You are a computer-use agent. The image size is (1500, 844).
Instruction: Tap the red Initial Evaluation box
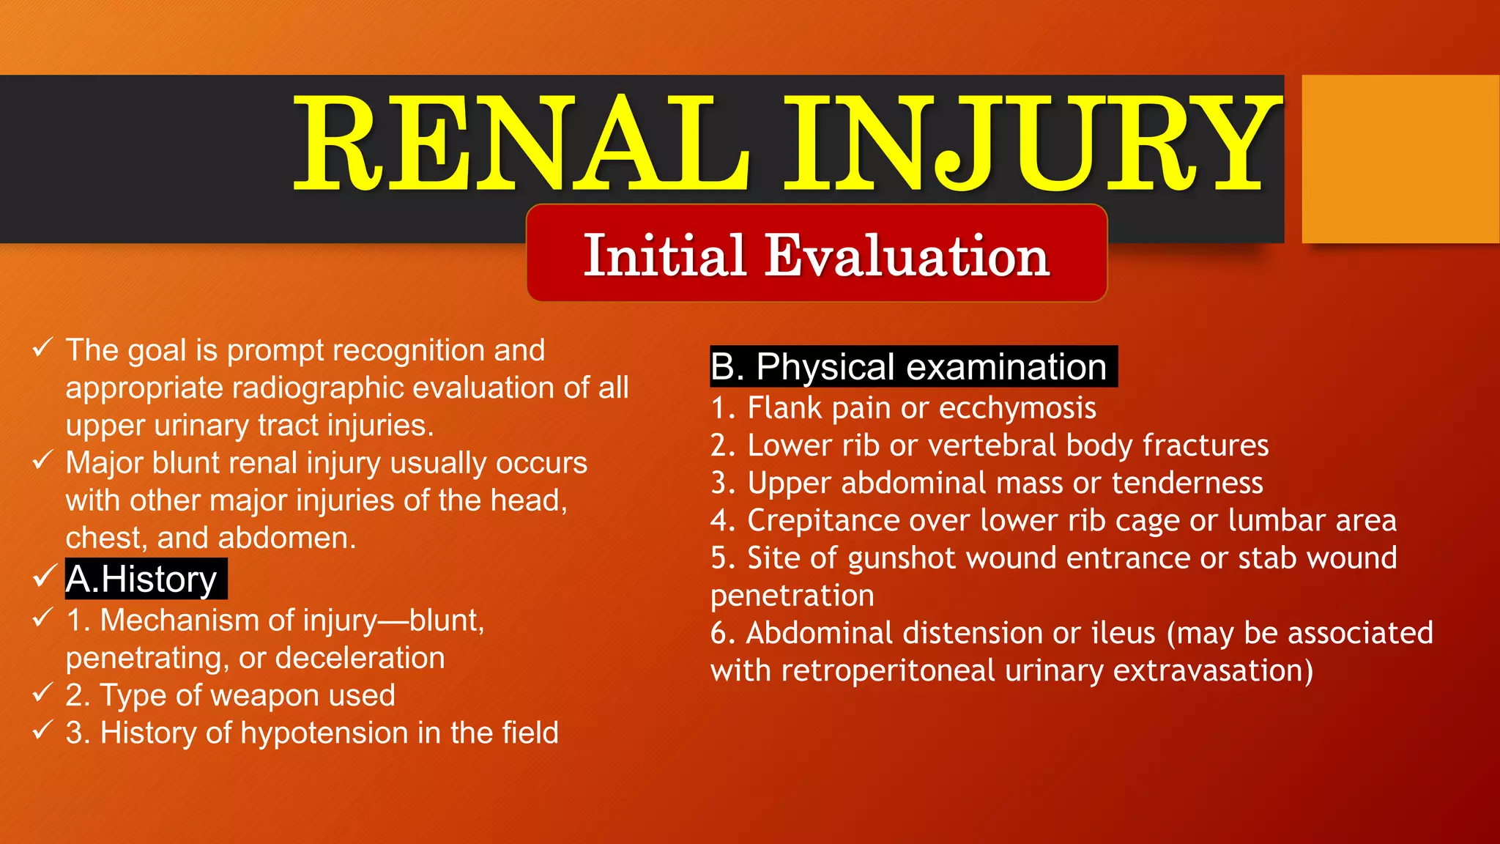[x=817, y=253]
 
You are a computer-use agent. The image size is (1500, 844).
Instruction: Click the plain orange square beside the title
[x=1400, y=159]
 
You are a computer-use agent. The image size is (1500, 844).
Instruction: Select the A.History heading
[x=142, y=579]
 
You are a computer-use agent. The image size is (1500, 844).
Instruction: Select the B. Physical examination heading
[x=913, y=366]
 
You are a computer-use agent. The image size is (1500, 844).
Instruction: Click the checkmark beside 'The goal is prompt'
[x=42, y=347]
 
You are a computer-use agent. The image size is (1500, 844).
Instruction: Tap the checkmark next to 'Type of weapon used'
[x=42, y=692]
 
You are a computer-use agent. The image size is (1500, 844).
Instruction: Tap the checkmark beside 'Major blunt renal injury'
[x=42, y=460]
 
